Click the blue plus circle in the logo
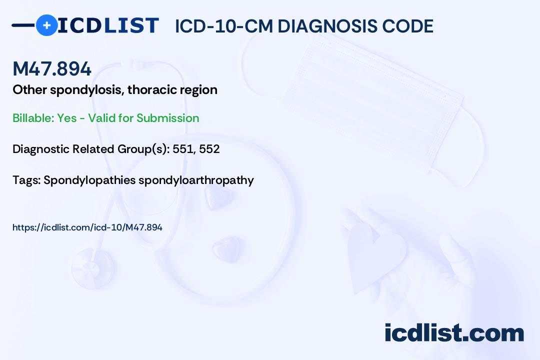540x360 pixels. click(46, 25)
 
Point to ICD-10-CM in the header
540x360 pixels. click(223, 26)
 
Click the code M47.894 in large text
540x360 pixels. click(52, 69)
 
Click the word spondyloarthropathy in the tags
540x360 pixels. click(196, 180)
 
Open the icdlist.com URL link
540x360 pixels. click(87, 227)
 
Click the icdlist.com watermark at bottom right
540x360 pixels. click(454, 333)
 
